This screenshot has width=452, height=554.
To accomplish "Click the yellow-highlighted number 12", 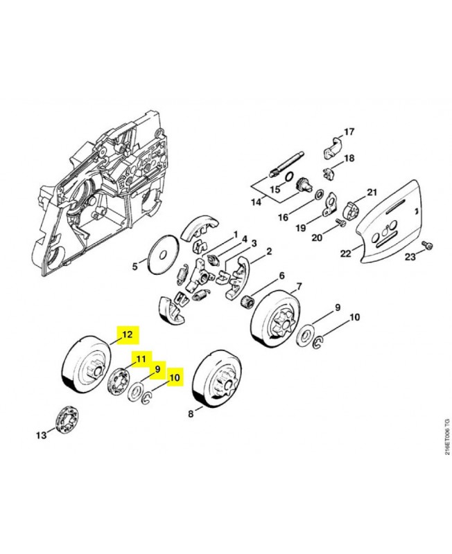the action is tap(128, 334).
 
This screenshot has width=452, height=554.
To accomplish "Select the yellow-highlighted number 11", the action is tap(141, 359).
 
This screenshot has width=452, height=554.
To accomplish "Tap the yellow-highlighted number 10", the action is tap(175, 377).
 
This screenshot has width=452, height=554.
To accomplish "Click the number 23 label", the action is tap(410, 257).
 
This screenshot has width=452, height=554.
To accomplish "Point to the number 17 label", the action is tap(349, 132).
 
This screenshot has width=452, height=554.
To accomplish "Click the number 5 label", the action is tap(134, 266).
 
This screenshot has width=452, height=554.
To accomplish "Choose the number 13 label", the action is tap(42, 435).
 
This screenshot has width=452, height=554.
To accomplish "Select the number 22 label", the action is tap(345, 253).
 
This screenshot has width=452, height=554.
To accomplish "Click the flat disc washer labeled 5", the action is tap(163, 254).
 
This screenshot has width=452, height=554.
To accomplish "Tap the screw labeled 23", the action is tap(427, 247).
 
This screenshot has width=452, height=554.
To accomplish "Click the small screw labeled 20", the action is tap(340, 222).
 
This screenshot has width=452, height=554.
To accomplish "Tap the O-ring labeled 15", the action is tap(289, 176).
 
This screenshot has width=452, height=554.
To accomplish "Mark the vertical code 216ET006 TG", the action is tap(447, 436).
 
